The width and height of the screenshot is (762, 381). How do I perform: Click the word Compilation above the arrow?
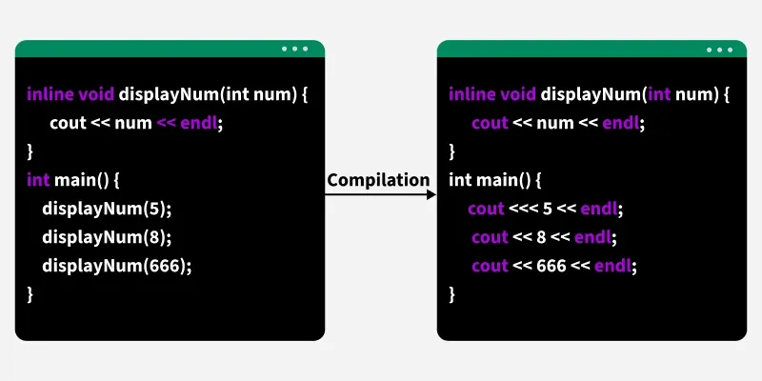click(378, 180)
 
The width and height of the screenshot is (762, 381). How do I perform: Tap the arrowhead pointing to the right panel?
click(431, 195)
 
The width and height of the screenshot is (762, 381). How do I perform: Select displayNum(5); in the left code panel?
click(107, 209)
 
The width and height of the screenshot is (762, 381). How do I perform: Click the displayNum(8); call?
click(107, 237)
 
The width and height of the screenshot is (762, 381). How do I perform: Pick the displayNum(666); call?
click(116, 266)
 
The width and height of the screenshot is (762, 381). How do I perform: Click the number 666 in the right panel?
click(551, 266)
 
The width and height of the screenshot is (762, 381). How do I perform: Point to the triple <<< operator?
click(523, 210)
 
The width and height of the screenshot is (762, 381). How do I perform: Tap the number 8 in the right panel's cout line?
click(541, 237)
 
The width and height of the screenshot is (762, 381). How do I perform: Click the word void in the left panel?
click(96, 93)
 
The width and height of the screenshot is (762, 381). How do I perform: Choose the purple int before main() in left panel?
click(38, 180)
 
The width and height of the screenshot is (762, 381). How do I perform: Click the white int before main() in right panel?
click(460, 180)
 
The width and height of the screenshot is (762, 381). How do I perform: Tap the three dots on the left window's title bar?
click(295, 49)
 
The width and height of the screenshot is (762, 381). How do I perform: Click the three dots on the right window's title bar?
click(720, 50)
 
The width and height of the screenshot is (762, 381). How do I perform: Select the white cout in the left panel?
click(68, 123)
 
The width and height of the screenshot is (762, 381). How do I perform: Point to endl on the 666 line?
click(613, 266)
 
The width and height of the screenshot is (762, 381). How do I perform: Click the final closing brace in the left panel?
click(30, 294)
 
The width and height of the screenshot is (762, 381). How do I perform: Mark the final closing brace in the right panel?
click(451, 294)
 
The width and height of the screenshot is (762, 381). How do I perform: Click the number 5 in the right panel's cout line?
click(547, 210)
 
